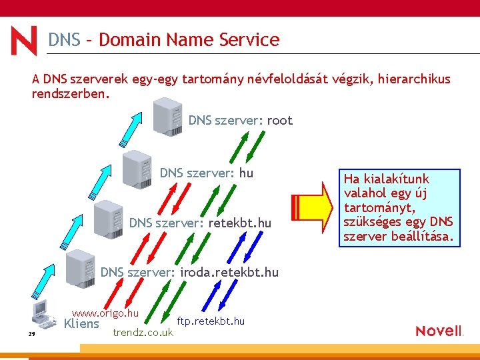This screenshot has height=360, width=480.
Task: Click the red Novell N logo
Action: tap(24, 41)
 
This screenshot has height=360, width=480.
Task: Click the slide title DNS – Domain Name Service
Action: tap(163, 40)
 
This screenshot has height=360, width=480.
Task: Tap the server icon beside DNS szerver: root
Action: tap(167, 116)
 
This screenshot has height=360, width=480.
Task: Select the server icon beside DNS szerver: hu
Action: tap(137, 168)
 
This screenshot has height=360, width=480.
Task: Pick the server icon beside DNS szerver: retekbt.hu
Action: tap(108, 218)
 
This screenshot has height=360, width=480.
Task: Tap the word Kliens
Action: tap(81, 325)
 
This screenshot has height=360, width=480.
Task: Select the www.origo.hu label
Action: tap(105, 313)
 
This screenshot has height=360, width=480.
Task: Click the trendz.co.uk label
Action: tap(143, 332)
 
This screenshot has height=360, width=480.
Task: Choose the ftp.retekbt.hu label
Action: tap(211, 321)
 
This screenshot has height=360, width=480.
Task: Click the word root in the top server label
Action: tap(279, 121)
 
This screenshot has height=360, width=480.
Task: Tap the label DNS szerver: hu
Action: tap(206, 173)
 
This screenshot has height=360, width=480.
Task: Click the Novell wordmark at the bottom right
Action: tap(439, 331)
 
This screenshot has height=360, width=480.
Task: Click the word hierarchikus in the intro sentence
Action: tap(413, 79)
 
